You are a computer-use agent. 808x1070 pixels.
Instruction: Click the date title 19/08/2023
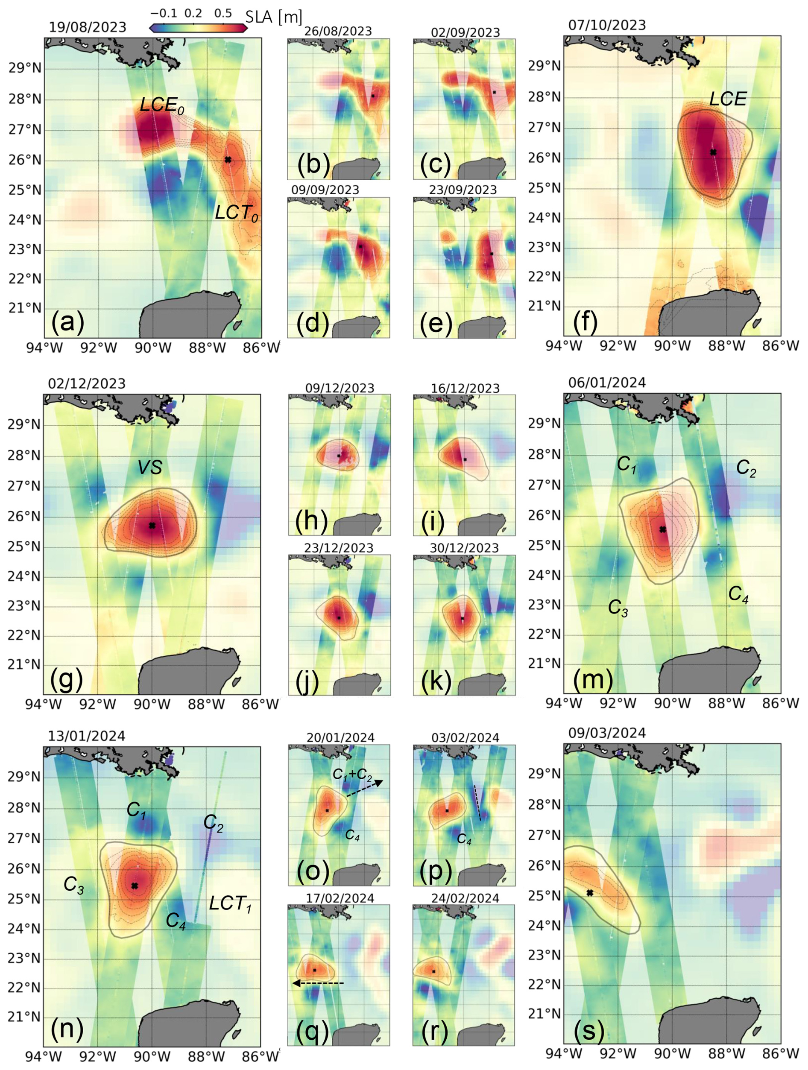coord(88,27)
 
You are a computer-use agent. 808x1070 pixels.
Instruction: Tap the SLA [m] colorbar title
coord(273,18)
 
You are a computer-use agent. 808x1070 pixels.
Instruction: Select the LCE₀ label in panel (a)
coord(162,105)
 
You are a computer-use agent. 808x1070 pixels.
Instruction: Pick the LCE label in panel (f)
coord(728,99)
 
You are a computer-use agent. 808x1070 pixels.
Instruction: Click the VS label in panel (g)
coord(149,467)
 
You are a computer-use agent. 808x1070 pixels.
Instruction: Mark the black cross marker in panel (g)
coord(152,525)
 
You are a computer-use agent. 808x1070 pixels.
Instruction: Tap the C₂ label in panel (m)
coord(746,468)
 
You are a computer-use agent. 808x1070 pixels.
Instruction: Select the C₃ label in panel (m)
coord(618,608)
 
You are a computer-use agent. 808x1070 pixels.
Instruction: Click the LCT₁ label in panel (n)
coord(230,903)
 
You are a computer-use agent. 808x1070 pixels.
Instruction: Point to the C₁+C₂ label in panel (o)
coord(352,775)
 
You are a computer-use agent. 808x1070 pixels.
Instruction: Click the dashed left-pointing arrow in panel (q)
coord(318,983)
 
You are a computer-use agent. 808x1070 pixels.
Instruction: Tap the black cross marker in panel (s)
coord(590,893)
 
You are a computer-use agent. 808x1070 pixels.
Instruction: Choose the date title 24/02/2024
coord(465,898)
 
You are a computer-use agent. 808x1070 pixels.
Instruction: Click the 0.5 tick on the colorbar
coord(223,13)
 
